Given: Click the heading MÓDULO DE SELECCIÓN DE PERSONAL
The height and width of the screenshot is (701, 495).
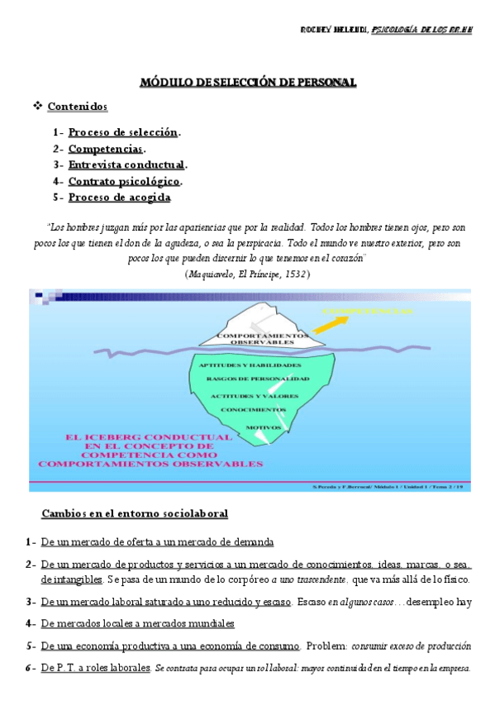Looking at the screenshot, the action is [247, 82].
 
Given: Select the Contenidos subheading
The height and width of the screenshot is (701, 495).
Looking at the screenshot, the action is [77, 106].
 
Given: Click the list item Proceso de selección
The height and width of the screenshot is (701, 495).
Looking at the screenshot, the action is [123, 132].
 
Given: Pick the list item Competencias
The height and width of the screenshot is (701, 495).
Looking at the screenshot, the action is [106, 149].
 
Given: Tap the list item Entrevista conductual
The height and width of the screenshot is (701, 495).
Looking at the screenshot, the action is [126, 165].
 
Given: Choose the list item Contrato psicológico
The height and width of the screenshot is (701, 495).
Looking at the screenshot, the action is [124, 181].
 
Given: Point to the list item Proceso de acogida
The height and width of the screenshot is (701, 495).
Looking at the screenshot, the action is [119, 197].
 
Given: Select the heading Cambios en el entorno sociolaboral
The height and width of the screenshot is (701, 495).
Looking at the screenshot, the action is [135, 513].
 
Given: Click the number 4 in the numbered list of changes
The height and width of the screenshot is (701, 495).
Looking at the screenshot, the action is [29, 623].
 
